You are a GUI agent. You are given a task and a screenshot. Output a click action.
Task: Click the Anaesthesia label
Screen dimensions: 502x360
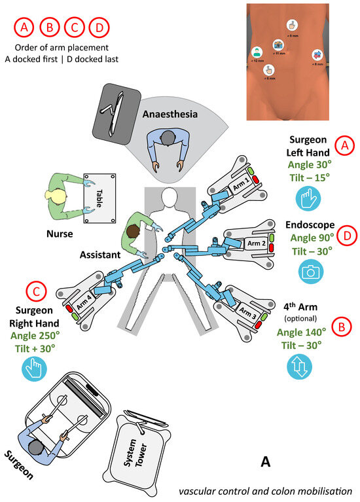point(171,114)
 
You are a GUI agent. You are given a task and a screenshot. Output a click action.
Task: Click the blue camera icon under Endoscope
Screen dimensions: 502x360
point(312,271)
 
